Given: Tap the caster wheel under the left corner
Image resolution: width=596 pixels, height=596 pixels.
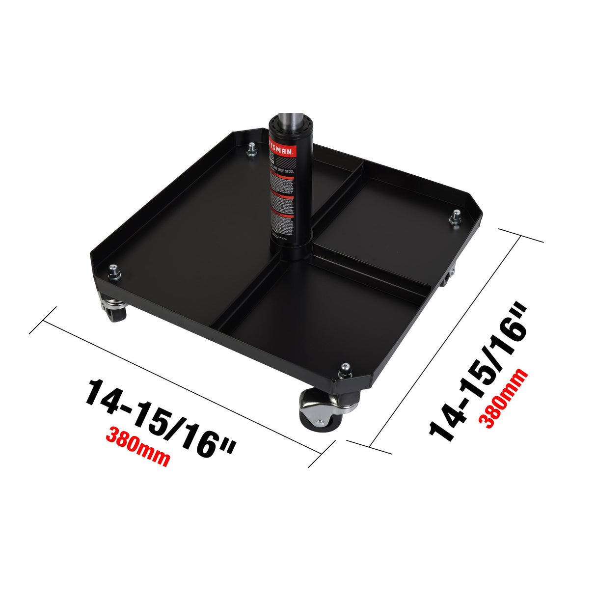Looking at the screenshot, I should (115, 311).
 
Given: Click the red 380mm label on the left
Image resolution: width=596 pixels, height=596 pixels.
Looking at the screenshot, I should (139, 446).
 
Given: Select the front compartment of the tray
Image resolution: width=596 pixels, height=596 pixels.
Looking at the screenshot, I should (319, 314).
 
